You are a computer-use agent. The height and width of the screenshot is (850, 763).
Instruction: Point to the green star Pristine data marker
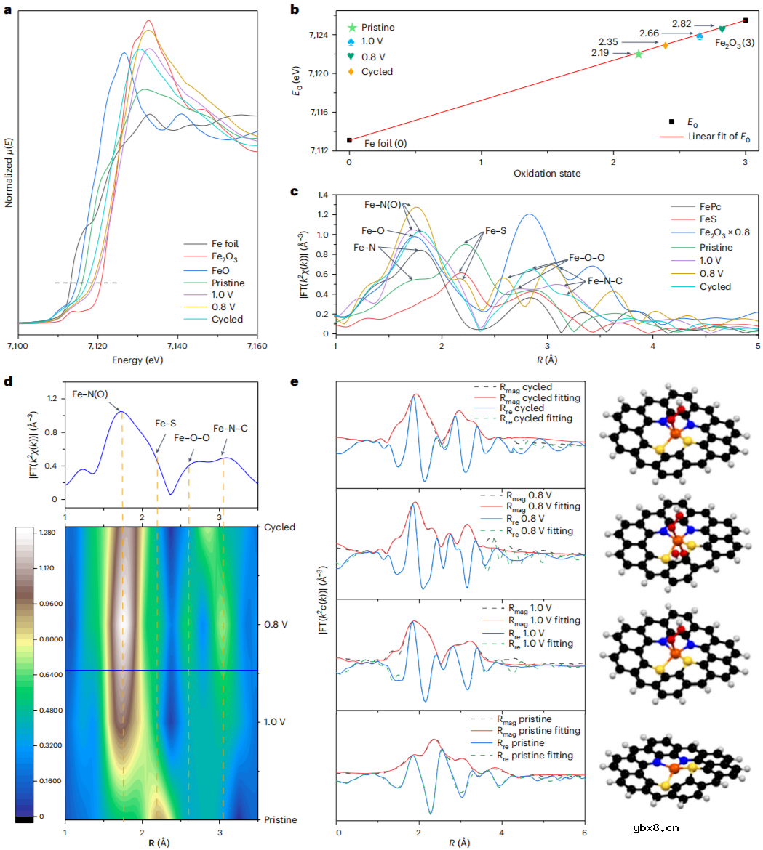pyautogui.click(x=639, y=54)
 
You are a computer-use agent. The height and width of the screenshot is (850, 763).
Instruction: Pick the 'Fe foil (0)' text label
pyautogui.click(x=380, y=143)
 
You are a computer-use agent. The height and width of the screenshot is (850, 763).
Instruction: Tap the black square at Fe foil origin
pyautogui.click(x=350, y=140)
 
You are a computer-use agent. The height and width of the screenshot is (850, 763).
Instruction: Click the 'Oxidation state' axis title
pyautogui.click(x=547, y=173)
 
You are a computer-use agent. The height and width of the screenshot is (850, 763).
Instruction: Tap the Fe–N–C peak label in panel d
pyautogui.click(x=231, y=428)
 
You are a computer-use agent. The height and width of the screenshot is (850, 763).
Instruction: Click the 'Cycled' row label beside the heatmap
pyautogui.click(x=280, y=527)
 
